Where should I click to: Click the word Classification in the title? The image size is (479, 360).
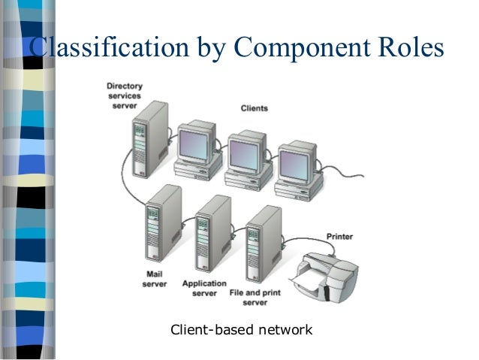click(109, 47)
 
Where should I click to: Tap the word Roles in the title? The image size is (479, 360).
click(411, 47)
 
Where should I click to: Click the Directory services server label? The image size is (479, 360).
click(125, 96)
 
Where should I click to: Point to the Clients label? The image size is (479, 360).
click(255, 108)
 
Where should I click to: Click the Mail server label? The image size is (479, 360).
click(155, 279)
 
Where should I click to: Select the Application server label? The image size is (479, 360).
click(204, 288)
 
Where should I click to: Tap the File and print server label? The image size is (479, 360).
click(255, 298)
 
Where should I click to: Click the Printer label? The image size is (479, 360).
click(339, 237)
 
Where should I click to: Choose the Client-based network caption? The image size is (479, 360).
click(241, 330)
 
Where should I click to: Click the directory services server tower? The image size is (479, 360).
click(150, 140)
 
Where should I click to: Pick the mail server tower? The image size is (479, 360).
click(164, 223)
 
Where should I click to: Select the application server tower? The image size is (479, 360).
click(213, 234)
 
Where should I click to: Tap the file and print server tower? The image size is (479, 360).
click(264, 244)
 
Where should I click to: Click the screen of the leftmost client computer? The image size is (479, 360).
click(194, 145)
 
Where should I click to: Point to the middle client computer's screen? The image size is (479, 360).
click(244, 155)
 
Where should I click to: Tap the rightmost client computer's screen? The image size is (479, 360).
click(294, 165)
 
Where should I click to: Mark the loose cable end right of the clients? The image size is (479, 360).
click(363, 176)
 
